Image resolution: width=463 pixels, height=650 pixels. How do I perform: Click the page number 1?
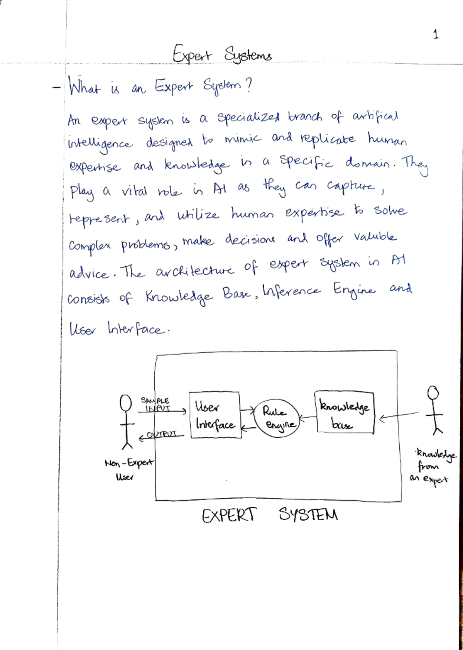coord(436,35)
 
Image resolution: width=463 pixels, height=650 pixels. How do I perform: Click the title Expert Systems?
coord(222,54)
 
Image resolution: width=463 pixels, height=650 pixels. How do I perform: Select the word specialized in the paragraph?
coord(248,117)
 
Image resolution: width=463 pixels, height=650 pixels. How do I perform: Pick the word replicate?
coord(328,138)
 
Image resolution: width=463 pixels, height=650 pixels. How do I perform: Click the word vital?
coord(134,191)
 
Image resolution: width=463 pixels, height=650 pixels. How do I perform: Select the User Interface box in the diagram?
coord(215,415)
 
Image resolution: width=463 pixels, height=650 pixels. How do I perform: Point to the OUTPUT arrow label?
coord(162,434)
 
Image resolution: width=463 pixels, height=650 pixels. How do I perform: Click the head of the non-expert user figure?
coord(126,403)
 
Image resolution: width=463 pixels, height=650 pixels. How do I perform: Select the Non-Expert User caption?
coord(128,469)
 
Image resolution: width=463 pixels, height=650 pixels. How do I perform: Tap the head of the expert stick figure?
coord(433,393)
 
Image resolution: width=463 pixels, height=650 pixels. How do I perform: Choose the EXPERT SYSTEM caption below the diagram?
coord(269,515)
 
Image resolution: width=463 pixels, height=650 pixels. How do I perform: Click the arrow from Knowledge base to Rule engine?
coord(308,417)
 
